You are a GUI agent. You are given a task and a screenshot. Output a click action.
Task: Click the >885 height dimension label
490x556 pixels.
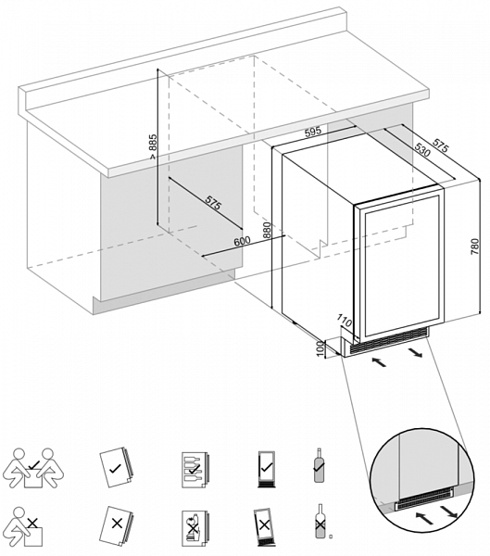click(152, 146)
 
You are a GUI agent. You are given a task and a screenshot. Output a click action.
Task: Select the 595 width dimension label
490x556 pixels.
click(313, 132)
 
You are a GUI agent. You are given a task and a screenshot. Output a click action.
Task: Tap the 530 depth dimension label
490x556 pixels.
click(421, 150)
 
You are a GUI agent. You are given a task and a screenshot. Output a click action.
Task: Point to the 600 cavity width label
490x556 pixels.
click(242, 241)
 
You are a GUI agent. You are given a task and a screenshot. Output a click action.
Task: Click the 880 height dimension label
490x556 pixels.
click(267, 231)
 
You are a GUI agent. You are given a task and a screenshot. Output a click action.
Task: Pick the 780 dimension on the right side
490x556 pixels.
click(474, 246)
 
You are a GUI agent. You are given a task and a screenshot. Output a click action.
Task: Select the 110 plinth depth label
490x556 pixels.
click(344, 321)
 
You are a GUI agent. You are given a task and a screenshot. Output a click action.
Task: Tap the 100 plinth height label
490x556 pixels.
click(320, 349)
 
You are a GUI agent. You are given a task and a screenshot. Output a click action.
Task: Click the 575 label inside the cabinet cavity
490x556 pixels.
click(213, 204)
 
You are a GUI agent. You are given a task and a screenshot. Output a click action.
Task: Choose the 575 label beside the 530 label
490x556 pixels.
click(440, 144)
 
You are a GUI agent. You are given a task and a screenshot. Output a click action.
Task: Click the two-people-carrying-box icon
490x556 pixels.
click(33, 468)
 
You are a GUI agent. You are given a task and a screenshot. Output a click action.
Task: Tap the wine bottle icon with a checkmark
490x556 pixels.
click(320, 465)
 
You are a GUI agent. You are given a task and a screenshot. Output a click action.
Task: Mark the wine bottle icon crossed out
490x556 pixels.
click(320, 521)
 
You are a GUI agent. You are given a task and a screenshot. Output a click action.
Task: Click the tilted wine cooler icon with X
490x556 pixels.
click(263, 525)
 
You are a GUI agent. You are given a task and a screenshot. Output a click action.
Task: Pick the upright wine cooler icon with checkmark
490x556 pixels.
click(266, 469)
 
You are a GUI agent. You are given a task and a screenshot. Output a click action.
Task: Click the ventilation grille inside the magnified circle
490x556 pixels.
click(425, 496)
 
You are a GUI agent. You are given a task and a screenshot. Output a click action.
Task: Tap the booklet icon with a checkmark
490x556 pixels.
click(116, 467)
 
